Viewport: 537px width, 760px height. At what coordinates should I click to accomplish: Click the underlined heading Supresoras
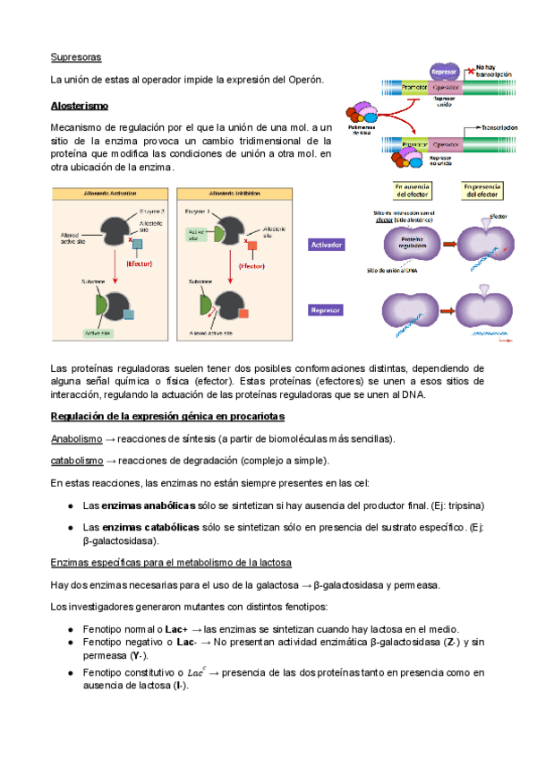tap(76, 57)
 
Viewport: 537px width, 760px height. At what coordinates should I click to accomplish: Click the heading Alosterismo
tap(81, 106)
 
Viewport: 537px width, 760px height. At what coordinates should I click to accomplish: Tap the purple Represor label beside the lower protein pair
tap(328, 310)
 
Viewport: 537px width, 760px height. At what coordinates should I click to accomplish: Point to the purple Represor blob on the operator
tap(444, 73)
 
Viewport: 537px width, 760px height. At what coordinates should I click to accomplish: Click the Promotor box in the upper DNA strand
tap(414, 88)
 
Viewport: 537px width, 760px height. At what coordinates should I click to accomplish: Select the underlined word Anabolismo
tap(76, 439)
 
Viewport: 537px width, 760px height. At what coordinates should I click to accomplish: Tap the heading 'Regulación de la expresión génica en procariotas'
tap(167, 417)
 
